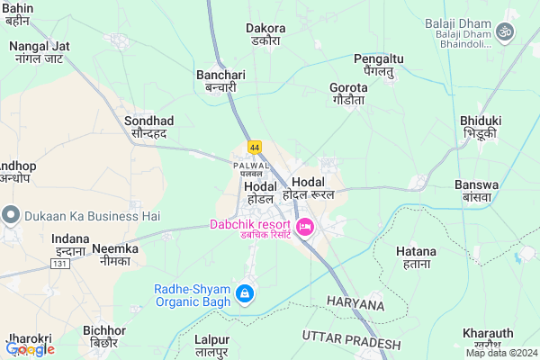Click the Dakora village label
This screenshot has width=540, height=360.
[265, 34]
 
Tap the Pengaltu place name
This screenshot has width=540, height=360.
[379, 64]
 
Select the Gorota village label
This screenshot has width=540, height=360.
[348, 94]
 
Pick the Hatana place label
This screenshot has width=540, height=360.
[418, 259]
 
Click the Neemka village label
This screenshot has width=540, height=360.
[115, 254]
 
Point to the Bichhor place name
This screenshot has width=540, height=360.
[104, 337]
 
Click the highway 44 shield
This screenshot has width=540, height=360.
[256, 146]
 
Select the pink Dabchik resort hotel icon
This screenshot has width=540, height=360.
[304, 227]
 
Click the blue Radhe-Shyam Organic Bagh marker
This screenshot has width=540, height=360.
[244, 294]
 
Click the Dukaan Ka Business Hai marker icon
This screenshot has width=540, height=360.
[11, 215]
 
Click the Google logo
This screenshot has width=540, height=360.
[30, 349]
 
